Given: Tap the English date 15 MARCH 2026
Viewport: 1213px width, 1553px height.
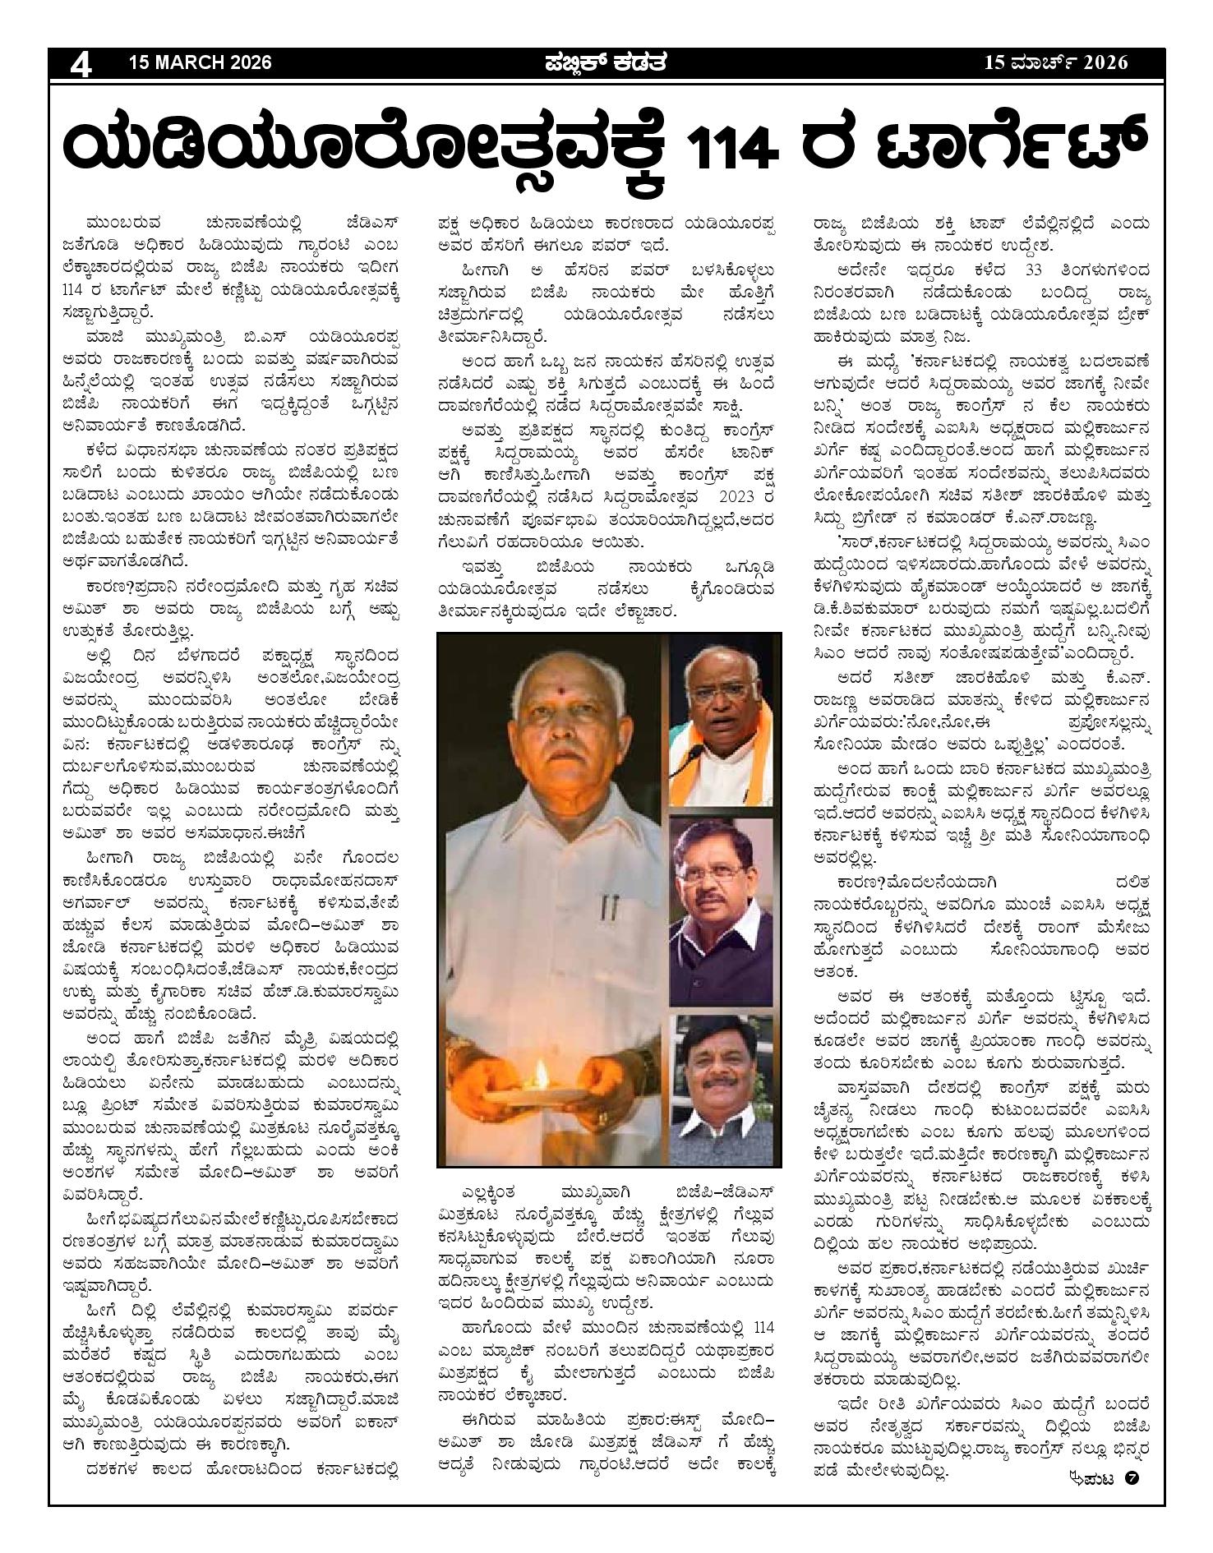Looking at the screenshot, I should pos(200,62).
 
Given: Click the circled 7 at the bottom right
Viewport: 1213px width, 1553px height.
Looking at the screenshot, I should pos(1133,1478).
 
